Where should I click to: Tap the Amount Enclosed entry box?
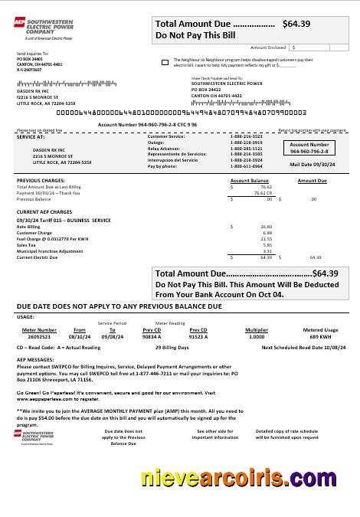click(316, 47)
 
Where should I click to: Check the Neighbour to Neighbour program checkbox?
click(166, 61)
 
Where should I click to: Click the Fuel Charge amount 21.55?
click(267, 239)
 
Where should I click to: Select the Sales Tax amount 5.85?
click(267, 245)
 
